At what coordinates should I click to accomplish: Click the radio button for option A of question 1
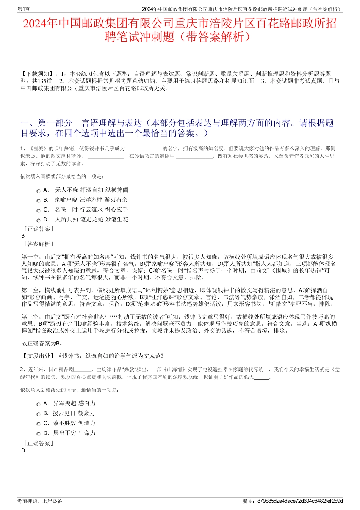(x=38, y=191)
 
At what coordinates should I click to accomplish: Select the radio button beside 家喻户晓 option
(x=38, y=201)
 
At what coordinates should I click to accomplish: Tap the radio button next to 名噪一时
(x=38, y=211)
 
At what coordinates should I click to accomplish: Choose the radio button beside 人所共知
(x=38, y=221)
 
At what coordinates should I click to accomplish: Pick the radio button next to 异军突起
(x=38, y=405)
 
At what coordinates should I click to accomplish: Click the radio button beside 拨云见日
(x=38, y=414)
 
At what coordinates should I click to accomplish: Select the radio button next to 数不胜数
(x=38, y=424)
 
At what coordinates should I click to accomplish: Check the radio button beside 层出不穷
(x=38, y=434)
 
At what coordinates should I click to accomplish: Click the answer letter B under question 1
(x=23, y=236)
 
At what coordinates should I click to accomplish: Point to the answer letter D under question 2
(x=23, y=450)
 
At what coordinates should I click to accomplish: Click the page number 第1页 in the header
(x=24, y=9)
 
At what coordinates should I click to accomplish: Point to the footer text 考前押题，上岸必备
(x=40, y=501)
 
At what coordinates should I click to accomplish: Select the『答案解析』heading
(x=38, y=244)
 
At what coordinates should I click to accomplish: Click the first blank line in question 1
(x=144, y=149)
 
